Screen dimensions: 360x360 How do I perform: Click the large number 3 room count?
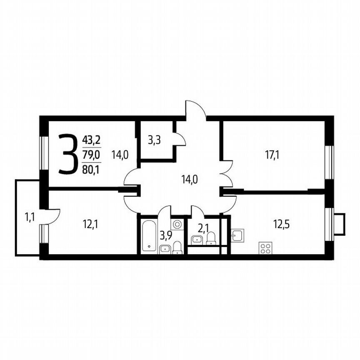click(68, 154)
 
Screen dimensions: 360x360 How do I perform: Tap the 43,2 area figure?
click(91, 139)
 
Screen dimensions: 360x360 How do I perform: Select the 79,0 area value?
click(91, 155)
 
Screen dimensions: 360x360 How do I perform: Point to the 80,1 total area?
click(91, 169)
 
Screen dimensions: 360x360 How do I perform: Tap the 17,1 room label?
click(272, 155)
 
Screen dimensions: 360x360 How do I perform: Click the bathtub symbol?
click(148, 236)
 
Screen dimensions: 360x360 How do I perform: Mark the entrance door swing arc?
click(195, 109)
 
